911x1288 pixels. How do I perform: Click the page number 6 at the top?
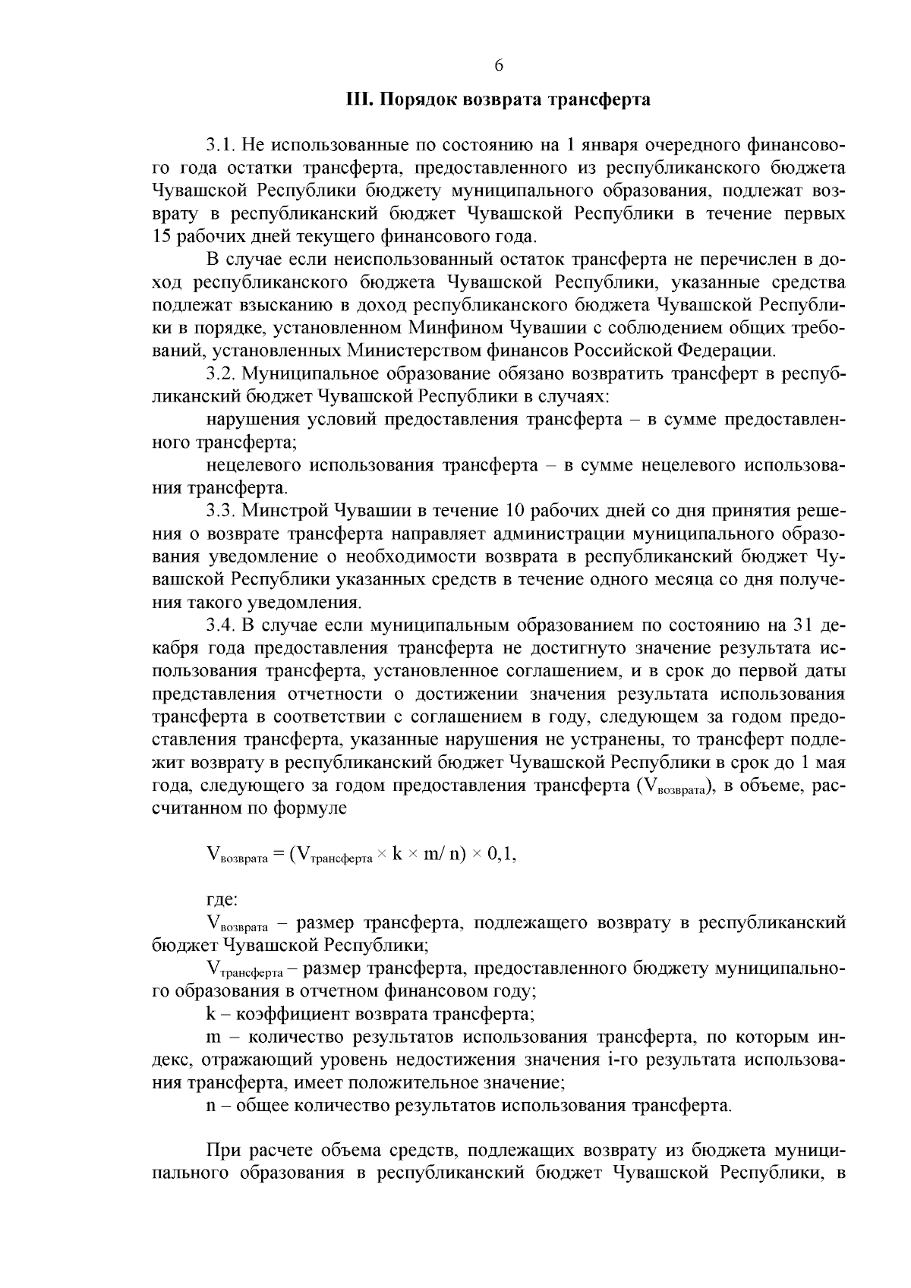click(499, 65)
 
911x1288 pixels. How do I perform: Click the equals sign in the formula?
click(277, 855)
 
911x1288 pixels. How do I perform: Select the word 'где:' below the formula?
click(222, 900)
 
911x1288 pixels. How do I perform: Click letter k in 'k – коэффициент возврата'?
click(210, 1014)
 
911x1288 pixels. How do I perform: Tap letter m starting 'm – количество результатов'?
click(213, 1038)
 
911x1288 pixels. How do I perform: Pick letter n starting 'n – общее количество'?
click(210, 1106)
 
